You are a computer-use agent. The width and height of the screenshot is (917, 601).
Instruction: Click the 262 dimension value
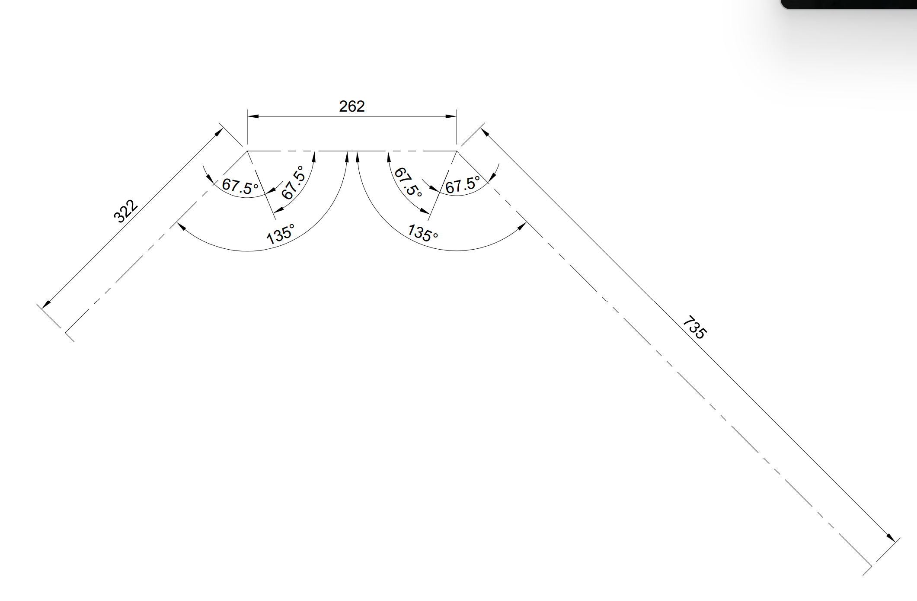tap(351, 106)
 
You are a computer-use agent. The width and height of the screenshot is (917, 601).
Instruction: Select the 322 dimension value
tap(125, 212)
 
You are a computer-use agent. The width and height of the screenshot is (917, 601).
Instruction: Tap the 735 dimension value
tap(695, 327)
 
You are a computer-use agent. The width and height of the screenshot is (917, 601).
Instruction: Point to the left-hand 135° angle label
tap(281, 234)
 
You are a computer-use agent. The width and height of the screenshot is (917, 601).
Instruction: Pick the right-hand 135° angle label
tap(423, 232)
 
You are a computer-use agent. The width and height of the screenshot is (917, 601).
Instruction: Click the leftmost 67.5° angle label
tap(240, 186)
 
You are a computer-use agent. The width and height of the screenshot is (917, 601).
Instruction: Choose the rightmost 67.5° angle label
tap(463, 185)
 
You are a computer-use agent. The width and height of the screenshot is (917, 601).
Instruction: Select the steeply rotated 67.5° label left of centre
tap(293, 182)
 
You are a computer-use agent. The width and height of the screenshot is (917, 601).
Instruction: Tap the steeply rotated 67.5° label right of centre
tap(408, 182)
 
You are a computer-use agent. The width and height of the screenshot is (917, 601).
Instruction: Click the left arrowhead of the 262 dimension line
tap(253, 116)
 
